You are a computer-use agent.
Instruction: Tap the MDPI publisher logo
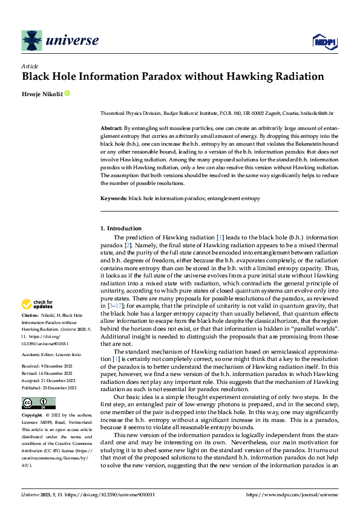pos(324,41)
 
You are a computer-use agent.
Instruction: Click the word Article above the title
pos(30,66)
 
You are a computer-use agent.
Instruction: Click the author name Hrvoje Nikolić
pos(42,94)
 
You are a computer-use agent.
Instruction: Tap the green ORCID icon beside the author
pos(67,94)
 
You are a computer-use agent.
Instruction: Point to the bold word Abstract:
pos(111,129)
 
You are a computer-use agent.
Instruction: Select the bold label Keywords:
pos(114,198)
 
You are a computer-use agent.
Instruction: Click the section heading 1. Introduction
pos(121,228)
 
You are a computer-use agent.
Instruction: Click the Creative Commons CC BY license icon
pos(38,403)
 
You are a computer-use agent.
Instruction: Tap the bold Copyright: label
pos(32,416)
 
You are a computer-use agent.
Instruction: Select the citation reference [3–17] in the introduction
pos(117,307)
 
